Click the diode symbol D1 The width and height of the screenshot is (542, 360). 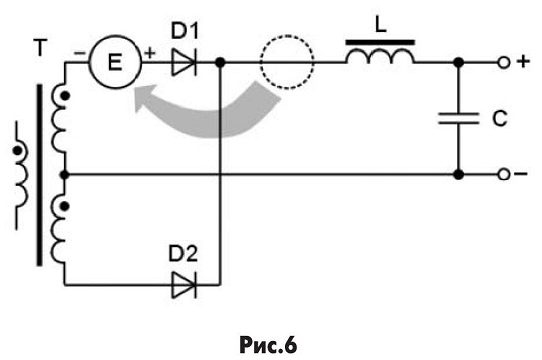click(184, 62)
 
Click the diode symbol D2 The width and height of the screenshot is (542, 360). click(184, 285)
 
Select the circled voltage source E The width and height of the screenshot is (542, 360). click(116, 62)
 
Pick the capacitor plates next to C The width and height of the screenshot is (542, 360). click(459, 118)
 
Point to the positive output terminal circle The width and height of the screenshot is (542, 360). click(504, 62)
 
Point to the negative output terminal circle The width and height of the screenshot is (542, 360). click(504, 174)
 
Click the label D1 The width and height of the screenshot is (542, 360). click(185, 32)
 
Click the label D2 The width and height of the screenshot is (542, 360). click(183, 254)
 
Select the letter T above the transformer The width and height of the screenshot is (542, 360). click(40, 48)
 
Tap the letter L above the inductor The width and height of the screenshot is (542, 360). click(381, 25)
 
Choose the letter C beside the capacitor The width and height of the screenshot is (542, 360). click(500, 118)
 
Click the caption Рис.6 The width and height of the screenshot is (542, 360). click(268, 345)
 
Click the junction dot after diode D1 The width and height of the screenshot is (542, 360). click(220, 62)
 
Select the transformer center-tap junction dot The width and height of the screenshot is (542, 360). click(65, 174)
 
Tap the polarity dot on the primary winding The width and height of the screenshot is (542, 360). click(17, 151)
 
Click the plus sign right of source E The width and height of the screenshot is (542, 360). click(150, 53)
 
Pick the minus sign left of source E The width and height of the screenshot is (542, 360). click(79, 53)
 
